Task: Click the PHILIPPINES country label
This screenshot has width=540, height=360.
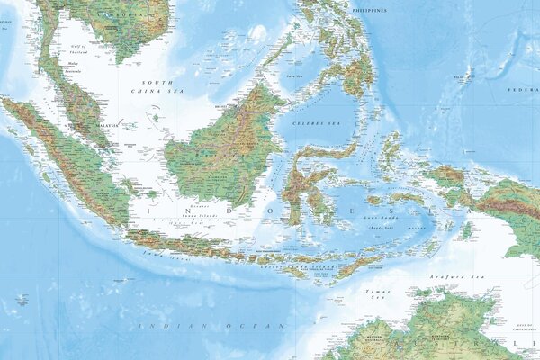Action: coord(369,10)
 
